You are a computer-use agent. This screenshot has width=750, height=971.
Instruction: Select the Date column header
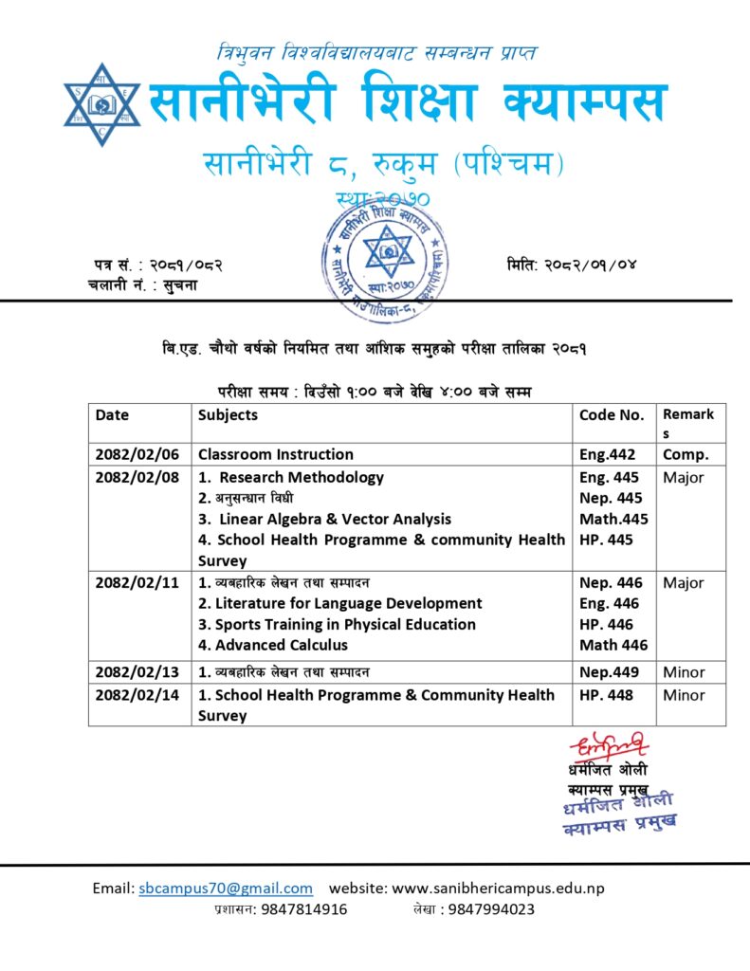pyautogui.click(x=113, y=414)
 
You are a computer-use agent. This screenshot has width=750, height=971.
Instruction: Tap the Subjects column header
pyautogui.click(x=228, y=414)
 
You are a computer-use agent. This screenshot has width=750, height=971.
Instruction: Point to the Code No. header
pyautogui.click(x=612, y=414)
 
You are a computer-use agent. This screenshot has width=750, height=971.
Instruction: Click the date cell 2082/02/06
pyautogui.click(x=137, y=454)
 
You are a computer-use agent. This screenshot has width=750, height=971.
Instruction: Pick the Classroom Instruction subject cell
pyautogui.click(x=276, y=454)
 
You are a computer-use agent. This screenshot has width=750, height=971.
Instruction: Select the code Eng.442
pyautogui.click(x=608, y=454)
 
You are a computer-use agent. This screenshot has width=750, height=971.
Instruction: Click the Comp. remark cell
pyautogui.click(x=686, y=454)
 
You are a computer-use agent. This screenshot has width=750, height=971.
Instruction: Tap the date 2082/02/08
pyautogui.click(x=137, y=477)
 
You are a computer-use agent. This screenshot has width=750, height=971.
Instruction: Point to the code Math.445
pyautogui.click(x=613, y=519)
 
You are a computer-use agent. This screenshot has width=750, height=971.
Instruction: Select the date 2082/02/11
pyautogui.click(x=137, y=582)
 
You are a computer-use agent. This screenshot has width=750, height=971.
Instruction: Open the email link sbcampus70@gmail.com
pyautogui.click(x=226, y=889)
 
